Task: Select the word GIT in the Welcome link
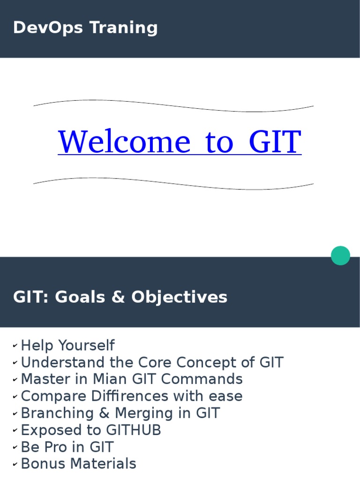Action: pyautogui.click(x=275, y=142)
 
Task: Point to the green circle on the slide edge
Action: pyautogui.click(x=340, y=255)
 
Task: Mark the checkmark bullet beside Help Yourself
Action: pyautogui.click(x=15, y=346)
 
